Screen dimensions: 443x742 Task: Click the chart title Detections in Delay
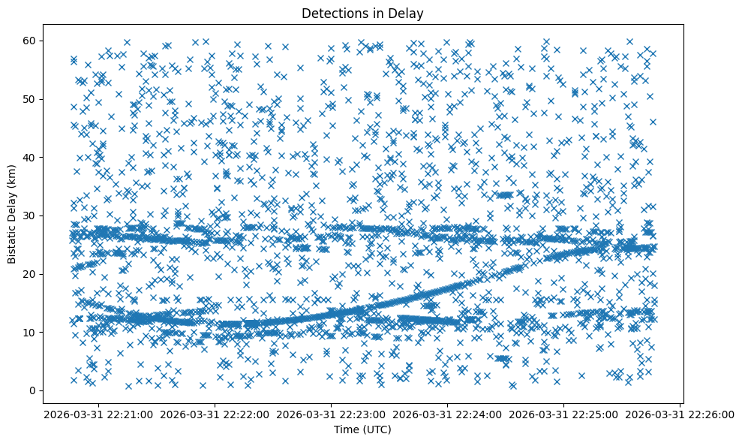[x=363, y=13]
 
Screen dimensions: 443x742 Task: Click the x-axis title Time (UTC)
[x=363, y=429]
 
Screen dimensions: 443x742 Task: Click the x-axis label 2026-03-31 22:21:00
[x=99, y=414]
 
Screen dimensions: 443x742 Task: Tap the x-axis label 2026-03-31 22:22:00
[x=215, y=414]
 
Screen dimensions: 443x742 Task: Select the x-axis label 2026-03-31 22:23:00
[x=332, y=414]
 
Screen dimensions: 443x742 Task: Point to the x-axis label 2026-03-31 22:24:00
[x=448, y=414]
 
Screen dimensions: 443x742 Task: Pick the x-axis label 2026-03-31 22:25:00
[x=564, y=414]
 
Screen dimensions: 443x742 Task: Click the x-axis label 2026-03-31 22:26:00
[x=680, y=414]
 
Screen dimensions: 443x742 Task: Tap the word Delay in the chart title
[x=410, y=13]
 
